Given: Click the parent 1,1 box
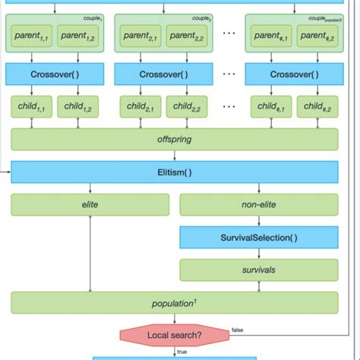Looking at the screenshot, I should pyautogui.click(x=32, y=36).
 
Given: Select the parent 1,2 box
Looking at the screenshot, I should pyautogui.click(x=77, y=36).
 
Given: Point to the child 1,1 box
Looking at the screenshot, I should pyautogui.click(x=32, y=108).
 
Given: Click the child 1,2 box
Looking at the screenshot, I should pyautogui.click(x=77, y=108).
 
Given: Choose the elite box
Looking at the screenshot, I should pyautogui.click(x=89, y=205).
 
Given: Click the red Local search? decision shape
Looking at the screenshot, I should pyautogui.click(x=174, y=335).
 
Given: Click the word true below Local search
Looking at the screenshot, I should pyautogui.click(x=182, y=351).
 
